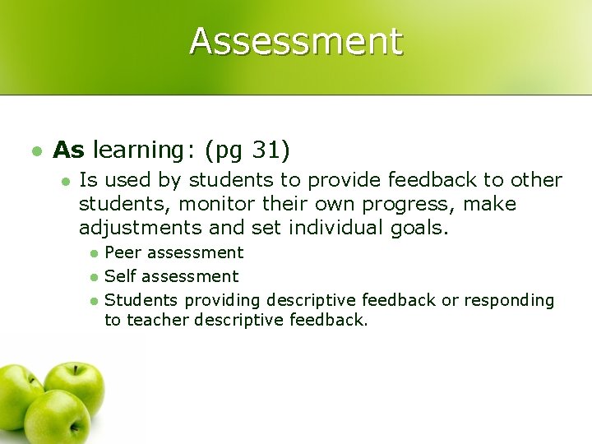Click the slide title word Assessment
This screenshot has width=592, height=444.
click(296, 41)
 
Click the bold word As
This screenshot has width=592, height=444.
click(68, 150)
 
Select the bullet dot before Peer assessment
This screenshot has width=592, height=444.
click(95, 253)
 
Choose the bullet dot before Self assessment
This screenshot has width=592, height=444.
click(95, 277)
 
